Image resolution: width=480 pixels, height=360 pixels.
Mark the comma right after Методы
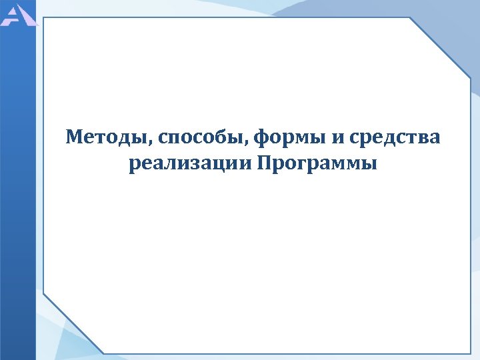pyautogui.click(x=155, y=143)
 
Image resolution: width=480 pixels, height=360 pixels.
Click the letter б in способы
pyautogui.click(x=231, y=137)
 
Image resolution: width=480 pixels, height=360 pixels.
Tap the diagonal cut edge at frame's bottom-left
pyautogui.click(x=73, y=323)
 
